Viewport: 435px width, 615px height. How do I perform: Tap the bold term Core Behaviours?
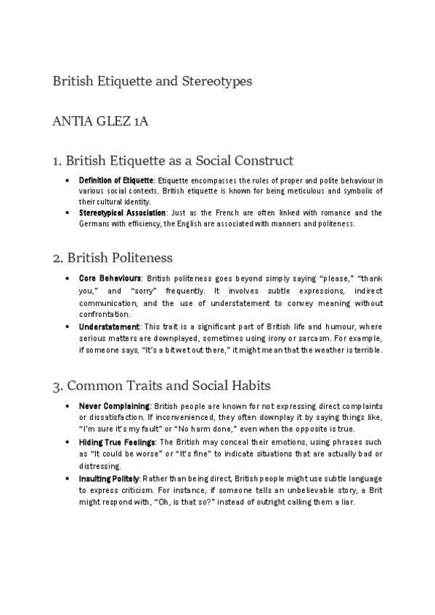(x=110, y=278)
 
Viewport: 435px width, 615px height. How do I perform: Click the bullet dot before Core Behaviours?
(x=67, y=278)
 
